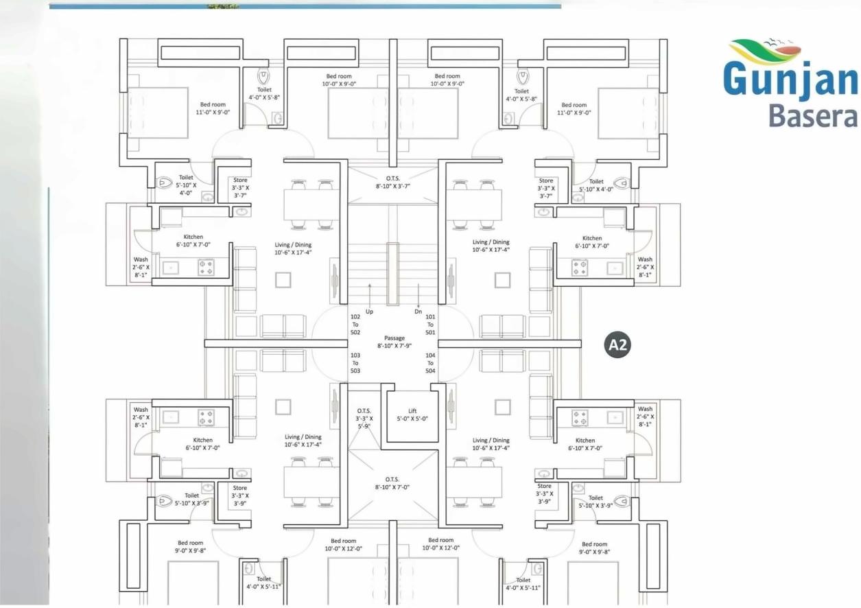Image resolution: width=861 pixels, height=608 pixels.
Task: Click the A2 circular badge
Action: pyautogui.click(x=618, y=344)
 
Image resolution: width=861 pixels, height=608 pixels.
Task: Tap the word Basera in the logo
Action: pyautogui.click(x=813, y=115)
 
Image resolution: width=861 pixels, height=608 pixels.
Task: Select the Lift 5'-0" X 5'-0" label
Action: pyautogui.click(x=412, y=414)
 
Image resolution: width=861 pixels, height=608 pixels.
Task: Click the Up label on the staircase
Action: pyautogui.click(x=369, y=312)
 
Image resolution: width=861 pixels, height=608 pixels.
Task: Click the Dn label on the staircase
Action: pyautogui.click(x=418, y=312)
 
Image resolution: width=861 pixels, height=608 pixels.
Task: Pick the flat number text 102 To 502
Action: pyautogui.click(x=355, y=325)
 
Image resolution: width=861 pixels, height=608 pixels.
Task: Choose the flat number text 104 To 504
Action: pyautogui.click(x=430, y=363)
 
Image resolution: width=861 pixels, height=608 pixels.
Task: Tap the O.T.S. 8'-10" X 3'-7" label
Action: pyautogui.click(x=392, y=181)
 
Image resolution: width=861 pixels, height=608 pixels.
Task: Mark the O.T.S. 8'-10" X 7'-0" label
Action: pyautogui.click(x=392, y=482)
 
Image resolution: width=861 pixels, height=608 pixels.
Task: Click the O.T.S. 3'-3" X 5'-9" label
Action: pyautogui.click(x=364, y=418)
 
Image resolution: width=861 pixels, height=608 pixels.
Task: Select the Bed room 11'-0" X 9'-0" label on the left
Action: pyautogui.click(x=213, y=108)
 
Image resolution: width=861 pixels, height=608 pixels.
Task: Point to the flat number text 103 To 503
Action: pyautogui.click(x=355, y=363)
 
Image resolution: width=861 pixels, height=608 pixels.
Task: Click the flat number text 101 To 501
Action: pyautogui.click(x=430, y=325)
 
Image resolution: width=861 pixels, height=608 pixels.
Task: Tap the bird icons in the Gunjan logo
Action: pyautogui.click(x=782, y=43)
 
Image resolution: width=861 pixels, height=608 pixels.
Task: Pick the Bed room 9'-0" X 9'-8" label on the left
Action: pyautogui.click(x=191, y=547)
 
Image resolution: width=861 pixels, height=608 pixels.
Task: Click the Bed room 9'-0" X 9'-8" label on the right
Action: pyautogui.click(x=594, y=548)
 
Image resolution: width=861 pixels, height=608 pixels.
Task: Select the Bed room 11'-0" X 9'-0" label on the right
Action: pyautogui.click(x=574, y=108)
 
